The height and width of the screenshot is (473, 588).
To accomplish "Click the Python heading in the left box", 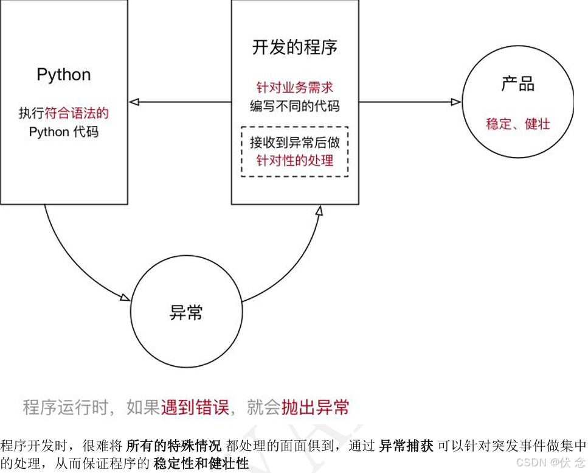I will point(64,75).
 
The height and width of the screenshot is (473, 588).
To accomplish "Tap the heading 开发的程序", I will point(294,48).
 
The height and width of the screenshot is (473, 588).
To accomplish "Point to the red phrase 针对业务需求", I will point(294,88).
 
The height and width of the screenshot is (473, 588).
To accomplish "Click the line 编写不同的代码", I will point(294,106).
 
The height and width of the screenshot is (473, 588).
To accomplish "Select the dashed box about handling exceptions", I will point(294,152).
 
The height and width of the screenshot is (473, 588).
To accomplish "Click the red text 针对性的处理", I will point(294,161).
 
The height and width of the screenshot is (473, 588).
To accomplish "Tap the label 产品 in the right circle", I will point(517,85).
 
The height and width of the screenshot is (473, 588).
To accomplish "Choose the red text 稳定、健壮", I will point(517,124).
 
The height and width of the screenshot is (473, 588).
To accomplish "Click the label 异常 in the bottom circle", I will point(186,313).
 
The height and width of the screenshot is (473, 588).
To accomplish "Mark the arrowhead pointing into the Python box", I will point(134,102).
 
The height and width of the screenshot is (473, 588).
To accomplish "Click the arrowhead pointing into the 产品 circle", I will point(456,102).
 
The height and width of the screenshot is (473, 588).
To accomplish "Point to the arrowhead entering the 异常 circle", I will point(125,298).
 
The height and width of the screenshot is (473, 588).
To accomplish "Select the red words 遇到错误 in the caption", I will point(195,407).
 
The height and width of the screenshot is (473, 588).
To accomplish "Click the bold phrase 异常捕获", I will point(406,445).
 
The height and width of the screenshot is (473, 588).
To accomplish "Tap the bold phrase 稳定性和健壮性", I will point(201,463).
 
